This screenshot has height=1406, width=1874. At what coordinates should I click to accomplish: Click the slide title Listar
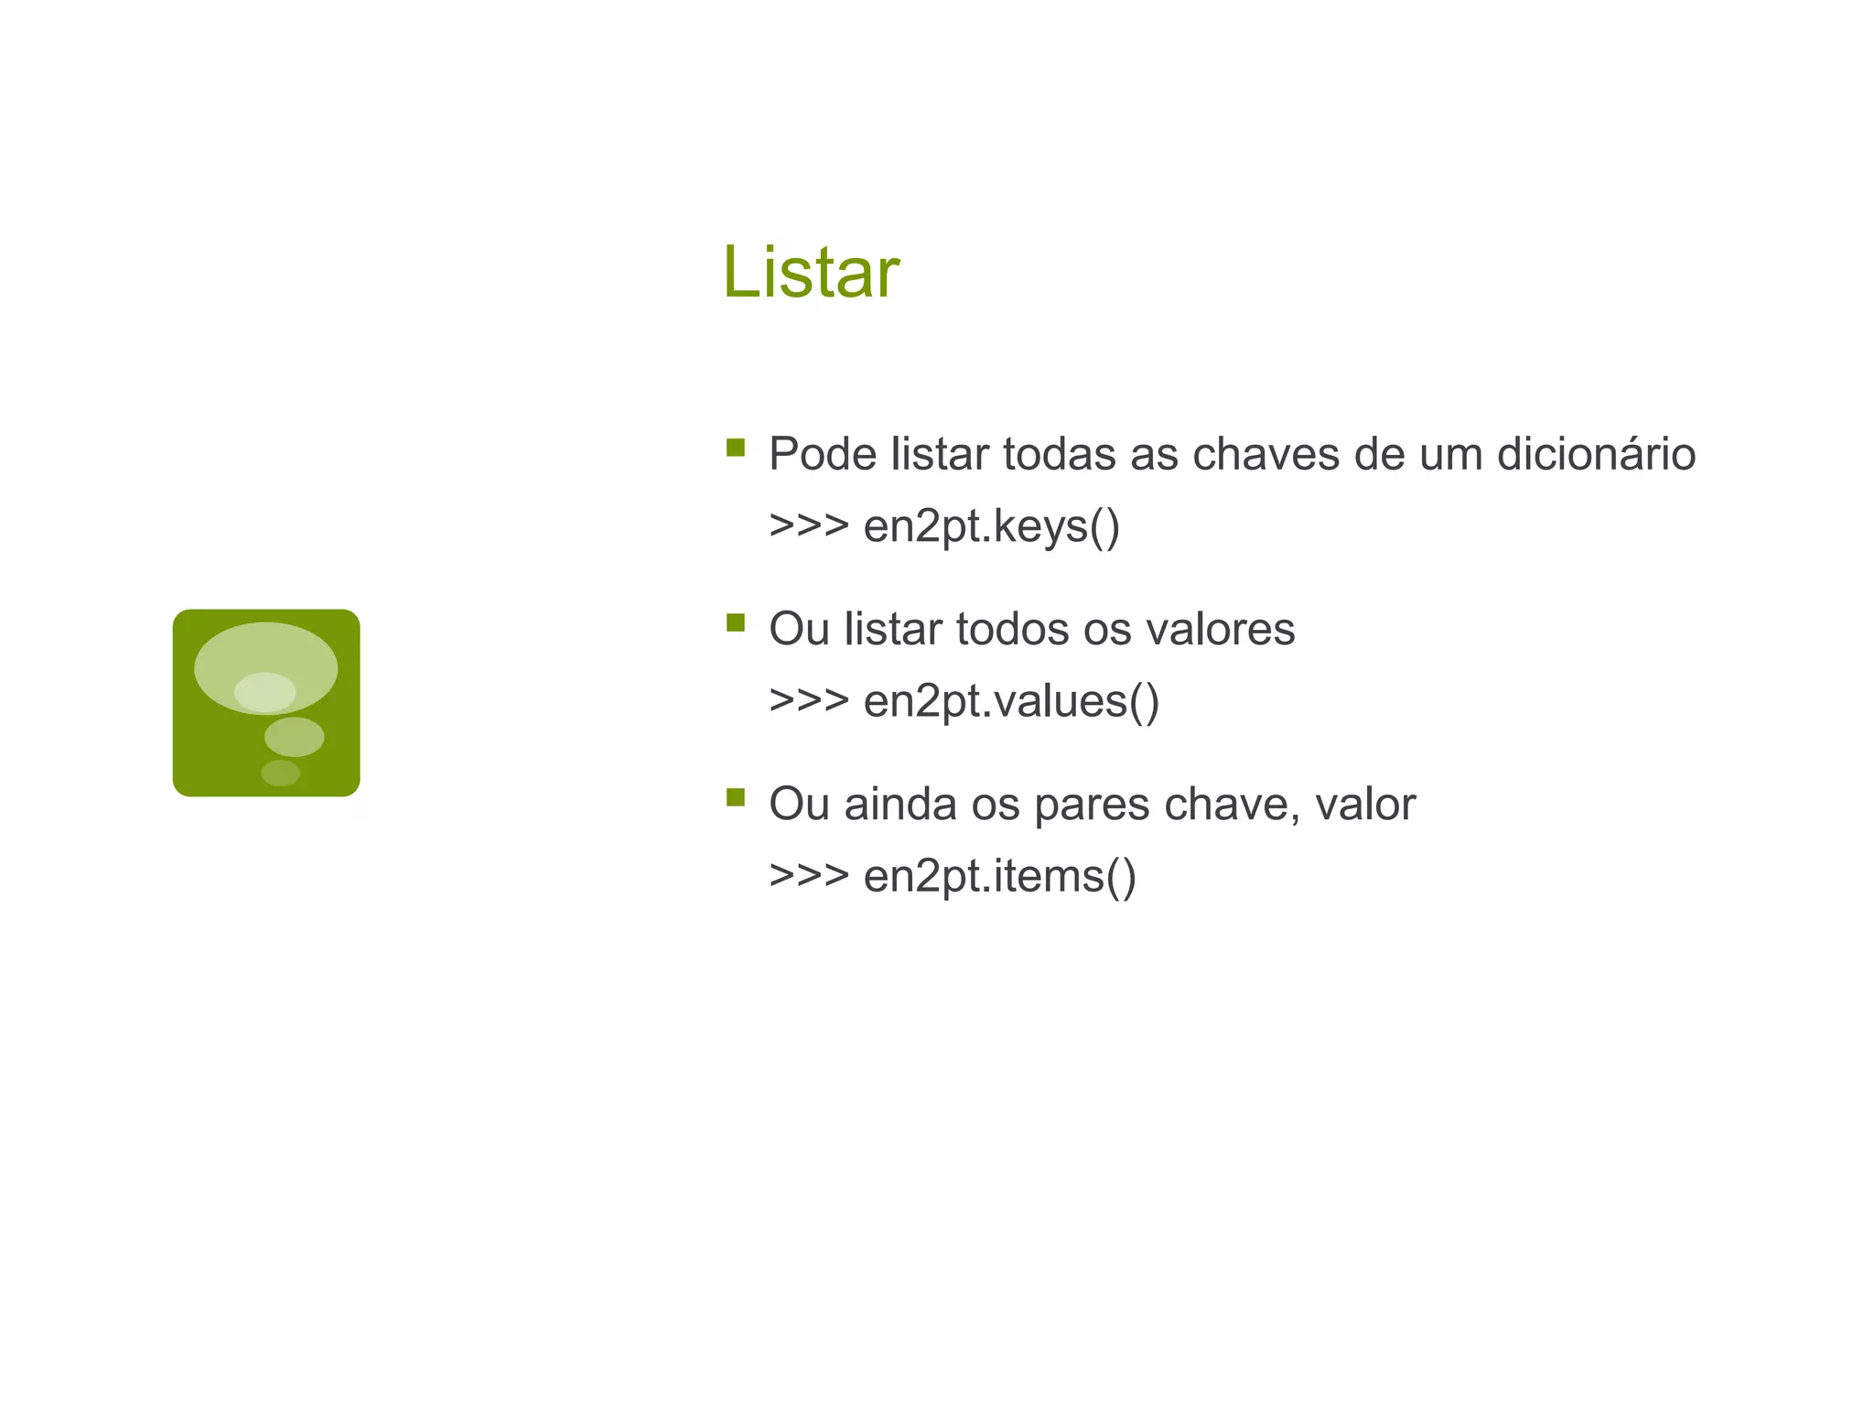pyautogui.click(x=811, y=272)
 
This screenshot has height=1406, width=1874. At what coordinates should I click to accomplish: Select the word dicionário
pyautogui.click(x=1596, y=454)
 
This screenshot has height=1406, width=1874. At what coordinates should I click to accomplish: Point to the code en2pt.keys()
pyautogui.click(x=991, y=526)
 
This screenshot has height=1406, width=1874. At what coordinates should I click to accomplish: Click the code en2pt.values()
pyautogui.click(x=1011, y=701)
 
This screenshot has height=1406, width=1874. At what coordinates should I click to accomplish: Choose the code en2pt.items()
pyautogui.click(x=999, y=876)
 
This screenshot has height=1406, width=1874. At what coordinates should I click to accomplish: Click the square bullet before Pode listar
pyautogui.click(x=736, y=448)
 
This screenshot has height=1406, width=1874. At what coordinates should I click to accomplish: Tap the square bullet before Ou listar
pyautogui.click(x=736, y=622)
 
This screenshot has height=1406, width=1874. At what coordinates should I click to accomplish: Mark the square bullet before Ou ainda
pyautogui.click(x=736, y=797)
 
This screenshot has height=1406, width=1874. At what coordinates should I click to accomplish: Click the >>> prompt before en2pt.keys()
pyautogui.click(x=809, y=526)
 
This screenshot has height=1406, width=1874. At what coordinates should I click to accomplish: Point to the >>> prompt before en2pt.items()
pyautogui.click(x=809, y=876)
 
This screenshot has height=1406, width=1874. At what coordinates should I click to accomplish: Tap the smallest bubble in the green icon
pyautogui.click(x=280, y=773)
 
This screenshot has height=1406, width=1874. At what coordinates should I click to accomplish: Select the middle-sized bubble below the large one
pyautogui.click(x=294, y=737)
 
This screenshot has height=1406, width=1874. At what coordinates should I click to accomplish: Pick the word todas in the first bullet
pyautogui.click(x=1059, y=454)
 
